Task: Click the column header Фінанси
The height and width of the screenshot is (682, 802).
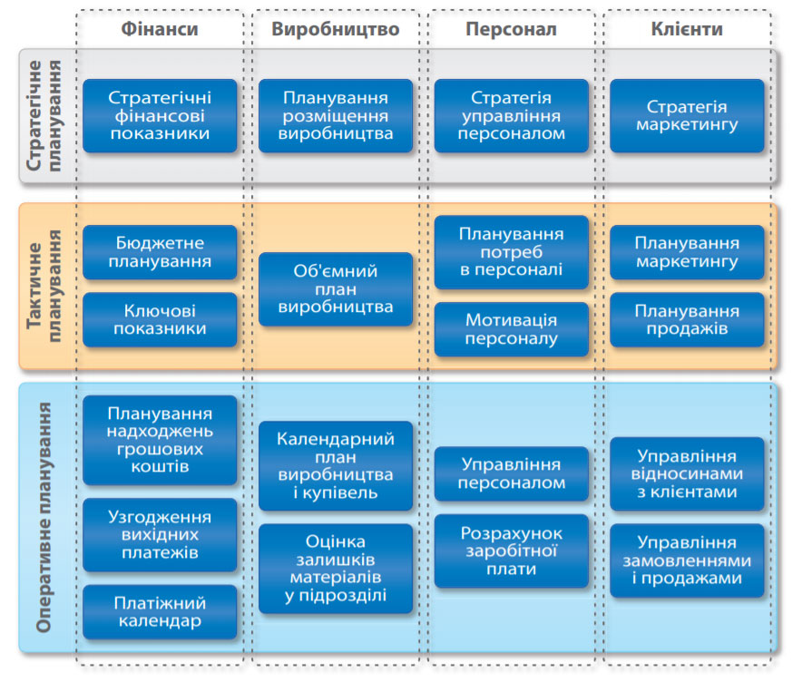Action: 160,29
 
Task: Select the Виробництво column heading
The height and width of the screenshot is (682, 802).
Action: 336,29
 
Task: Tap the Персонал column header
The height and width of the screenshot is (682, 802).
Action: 511,29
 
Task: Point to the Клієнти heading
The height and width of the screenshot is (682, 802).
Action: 687,29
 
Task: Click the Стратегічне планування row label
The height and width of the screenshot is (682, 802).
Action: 44,115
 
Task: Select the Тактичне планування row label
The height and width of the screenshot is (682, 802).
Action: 44,286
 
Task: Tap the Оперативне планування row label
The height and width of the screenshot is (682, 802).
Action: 44,517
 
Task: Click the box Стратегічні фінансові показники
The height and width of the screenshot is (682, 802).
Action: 160,115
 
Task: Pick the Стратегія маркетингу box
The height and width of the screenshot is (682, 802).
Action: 687,115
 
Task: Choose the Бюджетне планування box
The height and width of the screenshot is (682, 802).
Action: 160,252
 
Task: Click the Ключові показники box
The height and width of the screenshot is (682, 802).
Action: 160,319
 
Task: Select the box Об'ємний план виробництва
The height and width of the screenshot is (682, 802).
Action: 336,289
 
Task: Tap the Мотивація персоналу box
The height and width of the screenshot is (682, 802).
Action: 512,329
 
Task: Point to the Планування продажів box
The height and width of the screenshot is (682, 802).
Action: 687,319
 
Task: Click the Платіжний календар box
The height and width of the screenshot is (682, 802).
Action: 160,612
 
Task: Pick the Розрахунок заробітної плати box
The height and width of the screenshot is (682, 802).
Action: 512,550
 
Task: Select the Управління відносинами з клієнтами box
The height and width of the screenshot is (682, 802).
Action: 687,474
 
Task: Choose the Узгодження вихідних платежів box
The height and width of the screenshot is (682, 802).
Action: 160,535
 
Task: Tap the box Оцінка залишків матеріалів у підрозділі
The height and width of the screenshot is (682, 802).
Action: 336,569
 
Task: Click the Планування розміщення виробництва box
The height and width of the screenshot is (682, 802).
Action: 336,115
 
